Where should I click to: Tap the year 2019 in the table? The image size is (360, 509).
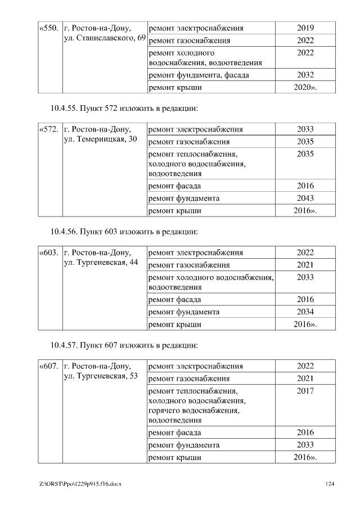(305, 28)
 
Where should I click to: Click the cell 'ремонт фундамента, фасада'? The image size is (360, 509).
(199, 75)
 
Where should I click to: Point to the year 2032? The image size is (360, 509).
(305, 75)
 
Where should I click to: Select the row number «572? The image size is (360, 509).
(49, 129)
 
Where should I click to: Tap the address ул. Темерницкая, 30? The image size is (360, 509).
(101, 139)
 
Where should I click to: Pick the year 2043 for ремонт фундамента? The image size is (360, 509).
(305, 199)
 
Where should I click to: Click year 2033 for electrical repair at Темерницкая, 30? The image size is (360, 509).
(305, 129)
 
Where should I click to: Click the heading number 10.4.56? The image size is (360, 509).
(64, 231)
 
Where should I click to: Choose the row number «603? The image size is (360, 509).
(49, 253)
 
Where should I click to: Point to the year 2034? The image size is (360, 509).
(305, 312)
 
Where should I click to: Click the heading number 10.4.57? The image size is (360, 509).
(64, 345)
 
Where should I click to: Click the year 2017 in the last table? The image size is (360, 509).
(305, 391)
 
